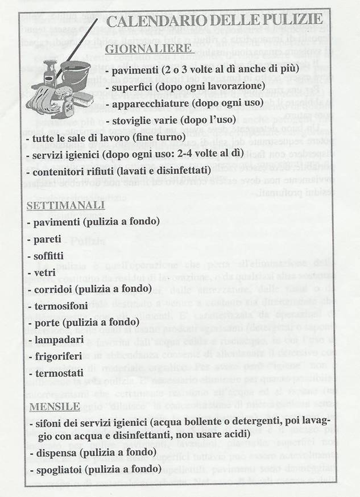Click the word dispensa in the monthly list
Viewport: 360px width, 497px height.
point(55,453)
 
